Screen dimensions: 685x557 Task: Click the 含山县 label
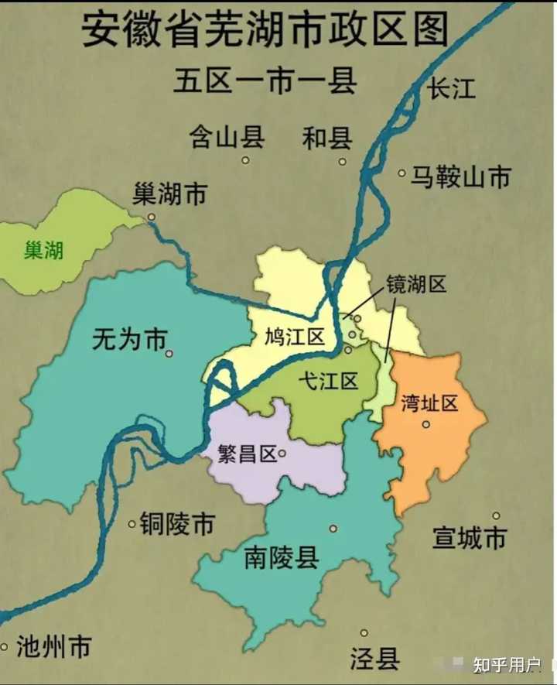point(227,137)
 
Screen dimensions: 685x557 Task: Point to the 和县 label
point(327,138)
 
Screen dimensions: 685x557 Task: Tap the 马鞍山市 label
point(460,177)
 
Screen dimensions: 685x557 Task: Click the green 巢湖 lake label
point(43,250)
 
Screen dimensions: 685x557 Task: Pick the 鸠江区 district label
point(293,337)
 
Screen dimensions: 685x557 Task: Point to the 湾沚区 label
point(430,402)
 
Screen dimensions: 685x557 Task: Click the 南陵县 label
point(282,557)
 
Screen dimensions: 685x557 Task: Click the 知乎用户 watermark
point(507,665)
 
